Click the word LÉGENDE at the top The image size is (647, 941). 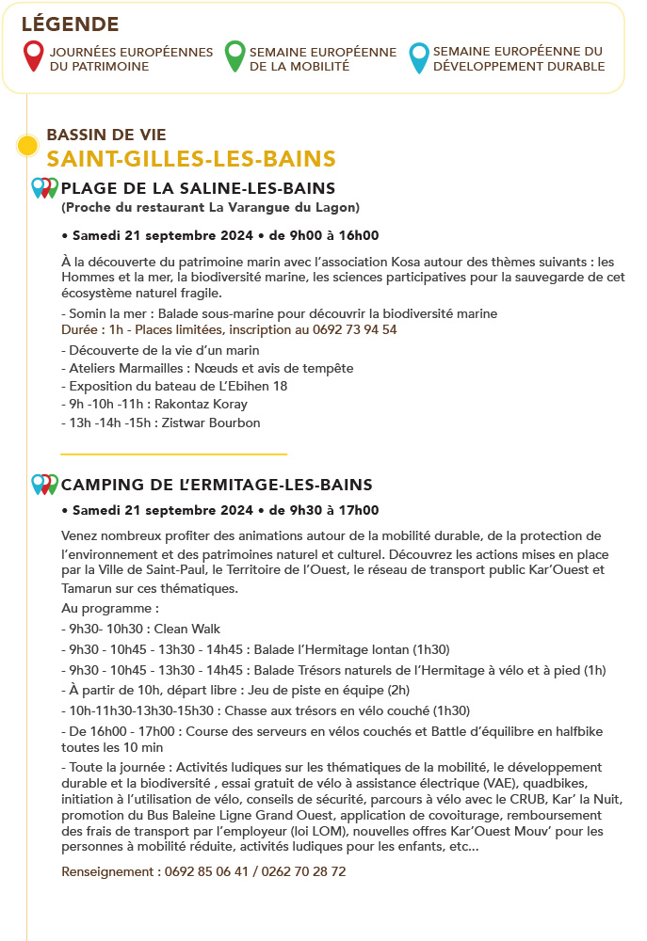[70, 24]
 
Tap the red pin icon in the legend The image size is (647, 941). [33, 56]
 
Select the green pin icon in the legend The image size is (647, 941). [235, 56]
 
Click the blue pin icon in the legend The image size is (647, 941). [419, 56]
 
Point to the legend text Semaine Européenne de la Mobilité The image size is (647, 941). [322, 59]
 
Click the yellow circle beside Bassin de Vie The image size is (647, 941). [27, 146]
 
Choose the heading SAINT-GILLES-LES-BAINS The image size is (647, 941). [191, 158]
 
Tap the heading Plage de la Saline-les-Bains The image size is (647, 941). [198, 188]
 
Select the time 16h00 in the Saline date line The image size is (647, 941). [361, 235]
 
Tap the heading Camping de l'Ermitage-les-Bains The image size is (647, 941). [217, 486]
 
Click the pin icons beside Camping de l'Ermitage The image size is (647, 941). [44, 484]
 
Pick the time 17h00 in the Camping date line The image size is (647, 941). [361, 511]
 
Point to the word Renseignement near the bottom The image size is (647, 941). [106, 871]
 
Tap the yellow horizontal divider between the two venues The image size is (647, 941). [173, 454]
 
